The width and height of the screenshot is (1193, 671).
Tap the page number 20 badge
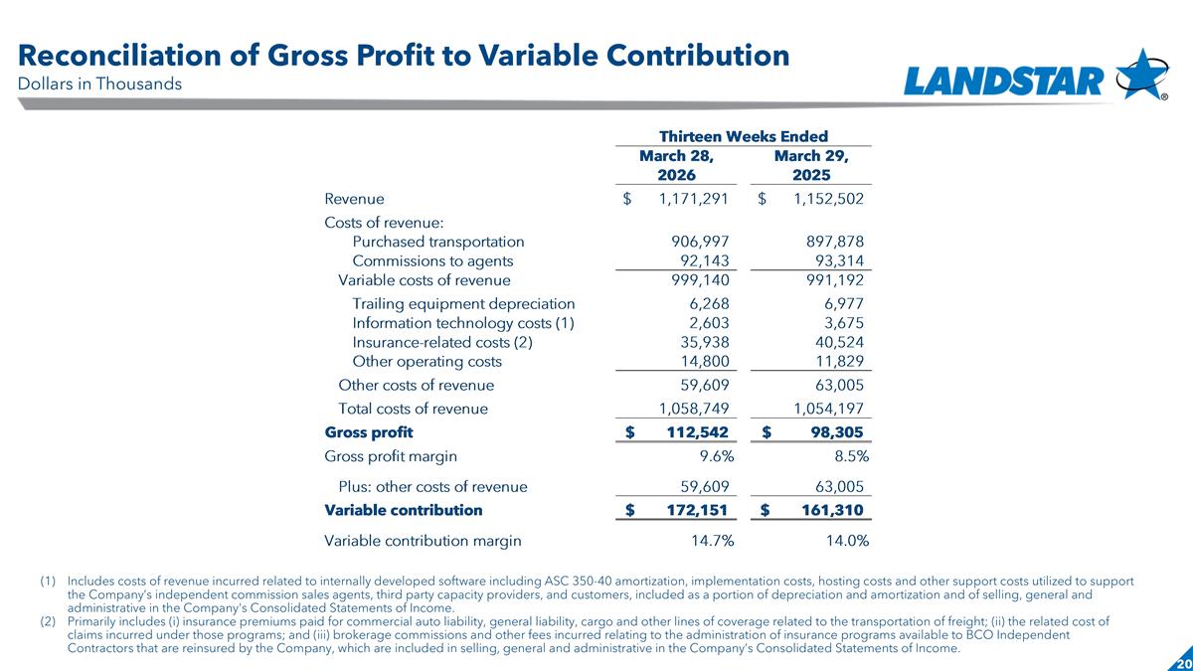[x=1182, y=663]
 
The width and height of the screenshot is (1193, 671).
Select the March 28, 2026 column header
[x=676, y=166]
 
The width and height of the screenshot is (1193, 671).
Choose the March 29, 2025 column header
[x=810, y=166]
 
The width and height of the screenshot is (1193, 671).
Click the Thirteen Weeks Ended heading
[x=745, y=136]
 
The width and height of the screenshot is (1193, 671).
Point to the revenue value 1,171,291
[x=694, y=199]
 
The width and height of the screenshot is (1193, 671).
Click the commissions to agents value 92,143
[x=703, y=261]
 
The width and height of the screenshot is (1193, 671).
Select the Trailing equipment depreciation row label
[x=463, y=304]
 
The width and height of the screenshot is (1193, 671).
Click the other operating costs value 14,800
[x=703, y=362]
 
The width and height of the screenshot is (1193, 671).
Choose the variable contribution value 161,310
[x=826, y=510]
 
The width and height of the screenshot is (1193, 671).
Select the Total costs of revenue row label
[x=413, y=409]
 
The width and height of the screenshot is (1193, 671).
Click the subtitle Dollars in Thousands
[x=100, y=84]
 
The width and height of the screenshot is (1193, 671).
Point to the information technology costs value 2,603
[x=709, y=323]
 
